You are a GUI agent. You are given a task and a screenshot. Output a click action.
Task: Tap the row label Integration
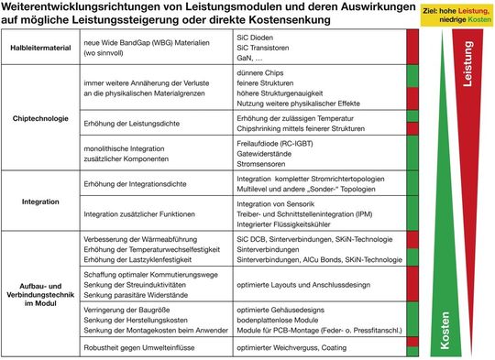click(x=39, y=198)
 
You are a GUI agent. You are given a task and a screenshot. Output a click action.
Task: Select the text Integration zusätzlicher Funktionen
click(x=139, y=213)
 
